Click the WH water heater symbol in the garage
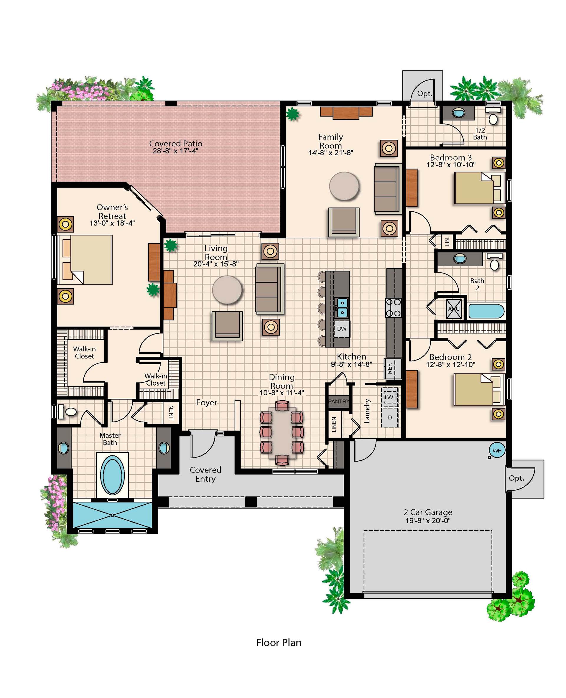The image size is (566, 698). (497, 450)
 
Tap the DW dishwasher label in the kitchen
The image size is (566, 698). (342, 329)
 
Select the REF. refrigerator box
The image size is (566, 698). (393, 368)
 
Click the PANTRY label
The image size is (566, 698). (338, 401)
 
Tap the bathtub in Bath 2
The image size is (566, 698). (486, 311)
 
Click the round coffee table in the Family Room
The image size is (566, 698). (344, 186)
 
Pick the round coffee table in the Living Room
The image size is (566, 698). (227, 290)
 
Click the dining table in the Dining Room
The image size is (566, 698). (282, 433)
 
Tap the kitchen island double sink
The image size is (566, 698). (342, 307)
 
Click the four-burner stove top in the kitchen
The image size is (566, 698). (394, 308)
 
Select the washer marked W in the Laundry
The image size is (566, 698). (390, 397)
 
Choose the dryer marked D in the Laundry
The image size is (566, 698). (390, 417)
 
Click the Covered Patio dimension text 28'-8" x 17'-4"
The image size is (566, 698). (175, 151)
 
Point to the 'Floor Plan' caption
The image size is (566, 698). (279, 643)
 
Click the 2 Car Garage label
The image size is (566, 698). (428, 512)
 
